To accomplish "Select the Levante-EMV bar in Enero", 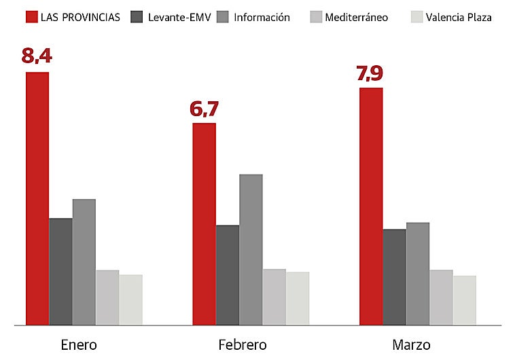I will (x=60, y=271).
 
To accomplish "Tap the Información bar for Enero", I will (x=84, y=262).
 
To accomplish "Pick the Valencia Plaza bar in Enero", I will (x=130, y=300).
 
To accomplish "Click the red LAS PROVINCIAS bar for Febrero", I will (x=204, y=223).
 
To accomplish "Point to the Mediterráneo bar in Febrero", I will (x=274, y=297).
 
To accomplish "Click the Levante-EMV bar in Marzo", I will (x=394, y=276).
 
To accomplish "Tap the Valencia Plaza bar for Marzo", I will (x=464, y=300).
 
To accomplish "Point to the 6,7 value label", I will (x=205, y=108).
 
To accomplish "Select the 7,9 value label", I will (x=370, y=73).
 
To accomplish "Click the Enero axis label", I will (x=79, y=345).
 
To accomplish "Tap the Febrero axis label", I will (x=242, y=345).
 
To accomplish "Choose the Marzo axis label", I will (x=411, y=345).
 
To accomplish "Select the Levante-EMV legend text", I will (x=179, y=17).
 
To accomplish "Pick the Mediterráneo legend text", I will (x=357, y=17).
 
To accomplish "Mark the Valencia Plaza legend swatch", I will (x=416, y=17).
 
